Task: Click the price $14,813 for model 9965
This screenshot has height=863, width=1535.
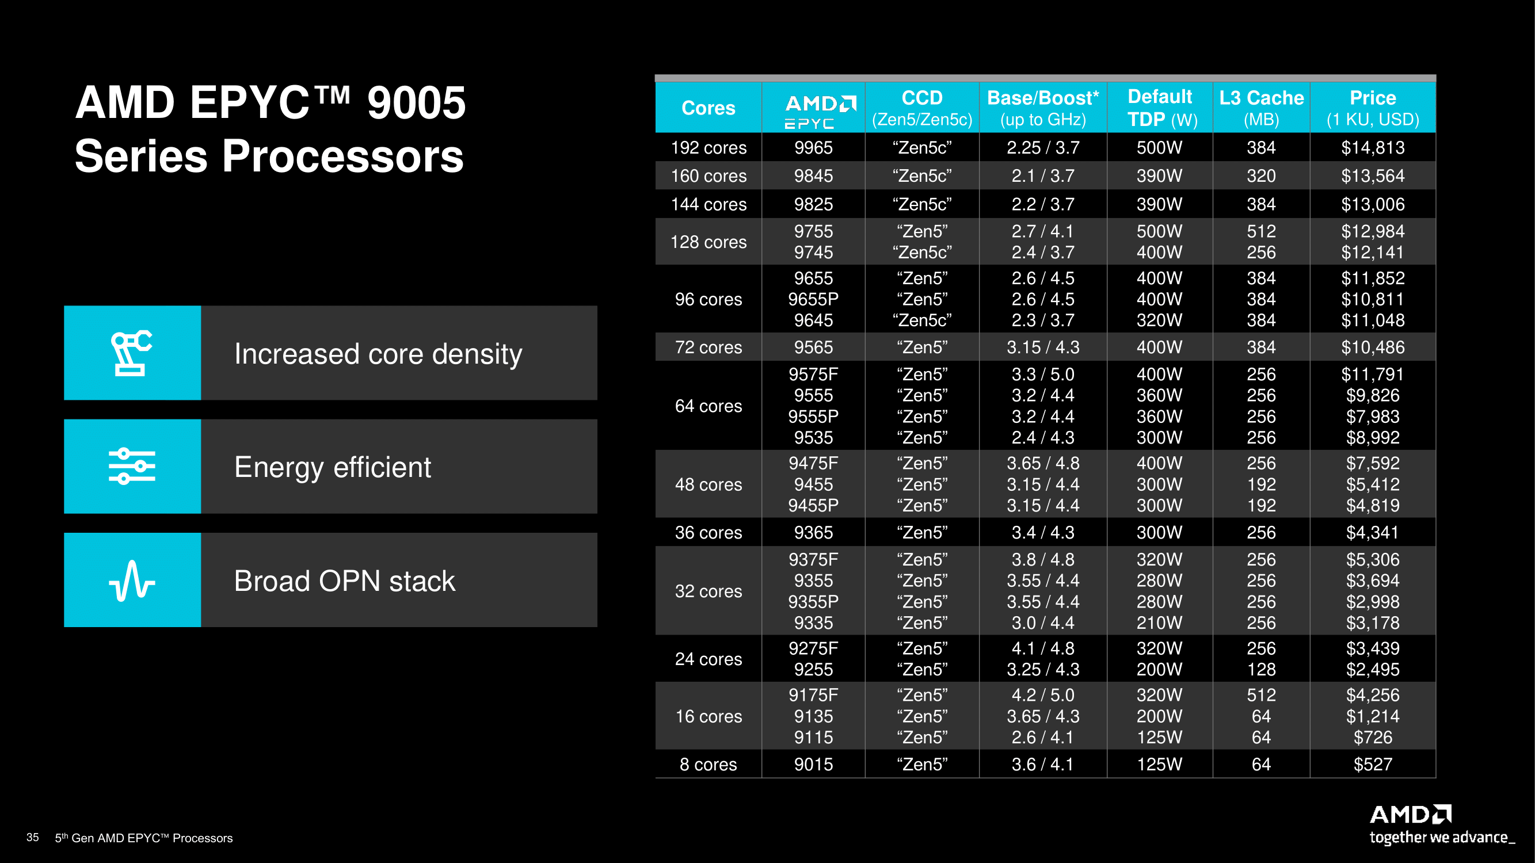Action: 1372,148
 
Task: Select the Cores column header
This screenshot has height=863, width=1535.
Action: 708,108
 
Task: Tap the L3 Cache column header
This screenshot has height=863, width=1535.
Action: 1261,108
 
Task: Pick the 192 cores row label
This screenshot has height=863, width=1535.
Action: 708,148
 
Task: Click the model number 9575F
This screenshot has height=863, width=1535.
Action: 813,374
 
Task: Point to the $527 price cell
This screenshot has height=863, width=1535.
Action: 1372,764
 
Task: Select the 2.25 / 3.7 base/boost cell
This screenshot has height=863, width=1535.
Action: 1042,148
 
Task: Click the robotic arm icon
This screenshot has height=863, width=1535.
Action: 132,353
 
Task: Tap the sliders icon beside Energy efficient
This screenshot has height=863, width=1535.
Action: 132,467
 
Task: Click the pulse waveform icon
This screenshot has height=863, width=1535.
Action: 132,580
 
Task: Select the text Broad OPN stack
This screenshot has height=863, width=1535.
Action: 344,581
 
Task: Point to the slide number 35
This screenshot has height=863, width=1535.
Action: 33,837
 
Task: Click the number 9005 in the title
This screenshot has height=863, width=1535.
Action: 416,102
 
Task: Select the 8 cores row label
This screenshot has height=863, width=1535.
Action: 708,764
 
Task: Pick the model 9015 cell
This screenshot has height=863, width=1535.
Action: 813,764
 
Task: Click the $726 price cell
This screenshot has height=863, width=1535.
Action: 1372,738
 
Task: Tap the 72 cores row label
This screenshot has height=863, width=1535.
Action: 708,348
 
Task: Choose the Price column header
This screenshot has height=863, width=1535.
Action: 1372,108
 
